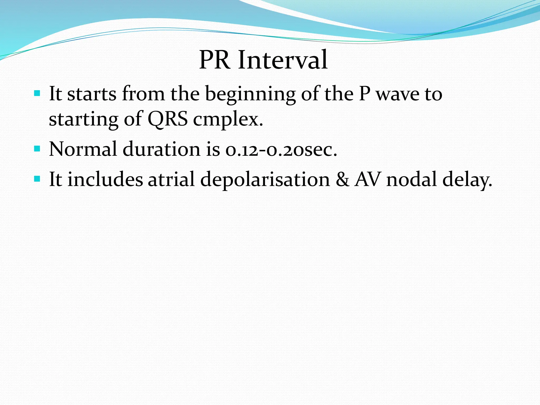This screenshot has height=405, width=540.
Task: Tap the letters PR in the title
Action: point(214,60)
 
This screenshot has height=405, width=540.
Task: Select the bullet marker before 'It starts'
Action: point(37,93)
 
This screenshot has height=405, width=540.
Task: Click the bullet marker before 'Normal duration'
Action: point(37,149)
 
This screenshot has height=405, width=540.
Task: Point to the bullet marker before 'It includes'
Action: point(37,179)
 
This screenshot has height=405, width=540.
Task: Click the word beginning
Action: point(250,94)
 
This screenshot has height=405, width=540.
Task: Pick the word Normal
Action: point(83,149)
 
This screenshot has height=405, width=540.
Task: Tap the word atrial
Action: point(171,179)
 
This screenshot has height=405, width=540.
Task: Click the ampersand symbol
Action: point(342,180)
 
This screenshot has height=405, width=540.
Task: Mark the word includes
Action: point(105,179)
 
